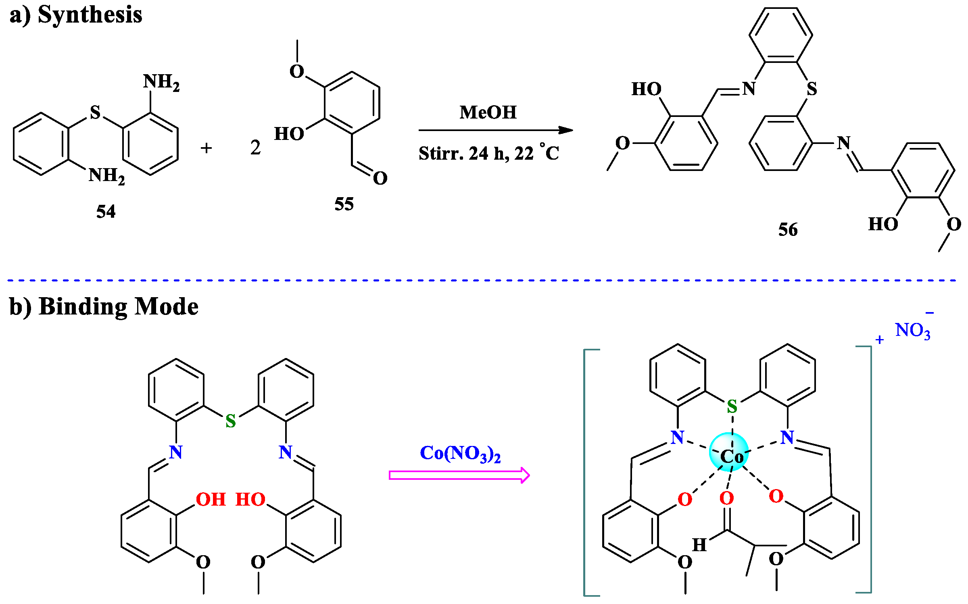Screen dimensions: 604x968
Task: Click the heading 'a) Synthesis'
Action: pyautogui.click(x=76, y=15)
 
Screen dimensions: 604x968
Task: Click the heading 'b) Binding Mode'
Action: pyautogui.click(x=104, y=307)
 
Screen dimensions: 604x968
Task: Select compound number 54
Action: pyautogui.click(x=106, y=212)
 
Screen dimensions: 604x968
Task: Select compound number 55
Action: pyautogui.click(x=344, y=204)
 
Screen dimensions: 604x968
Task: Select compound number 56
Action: pyautogui.click(x=788, y=230)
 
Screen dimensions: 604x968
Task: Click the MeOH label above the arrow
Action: pyautogui.click(x=488, y=112)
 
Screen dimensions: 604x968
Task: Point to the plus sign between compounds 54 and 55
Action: pyautogui.click(x=206, y=148)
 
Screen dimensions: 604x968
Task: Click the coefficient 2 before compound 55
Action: pyautogui.click(x=255, y=148)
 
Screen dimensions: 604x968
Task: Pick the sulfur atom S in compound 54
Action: pyautogui.click(x=95, y=112)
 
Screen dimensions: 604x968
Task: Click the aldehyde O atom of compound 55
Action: pyautogui.click(x=380, y=178)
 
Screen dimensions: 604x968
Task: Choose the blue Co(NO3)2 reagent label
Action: pyautogui.click(x=460, y=454)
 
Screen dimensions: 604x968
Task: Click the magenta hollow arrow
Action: pyautogui.click(x=459, y=475)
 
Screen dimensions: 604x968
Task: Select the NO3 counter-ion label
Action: pyautogui.click(x=913, y=331)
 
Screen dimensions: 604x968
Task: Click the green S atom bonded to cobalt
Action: pyautogui.click(x=732, y=406)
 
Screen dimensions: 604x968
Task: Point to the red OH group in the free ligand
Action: pyautogui.click(x=211, y=500)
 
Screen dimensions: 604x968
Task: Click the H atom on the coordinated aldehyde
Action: pyautogui.click(x=699, y=545)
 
